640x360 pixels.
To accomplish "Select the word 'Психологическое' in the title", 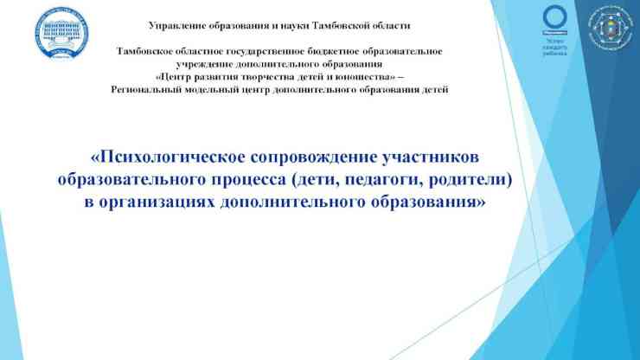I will coord(168,158).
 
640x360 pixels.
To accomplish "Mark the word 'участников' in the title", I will coord(428,158).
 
